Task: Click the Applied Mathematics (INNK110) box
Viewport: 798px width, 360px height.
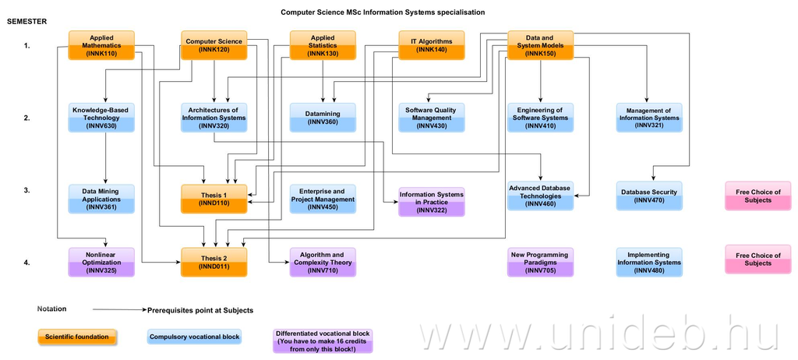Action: (x=101, y=45)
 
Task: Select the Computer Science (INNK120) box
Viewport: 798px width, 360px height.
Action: (x=214, y=45)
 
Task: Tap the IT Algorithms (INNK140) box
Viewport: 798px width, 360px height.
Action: (x=431, y=45)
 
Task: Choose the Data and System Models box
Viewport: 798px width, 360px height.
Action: (x=540, y=45)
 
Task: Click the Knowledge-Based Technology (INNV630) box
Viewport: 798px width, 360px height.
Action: (x=101, y=118)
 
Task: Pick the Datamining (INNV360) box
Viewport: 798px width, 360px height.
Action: (x=323, y=118)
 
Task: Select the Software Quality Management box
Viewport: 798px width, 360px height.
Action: (x=431, y=118)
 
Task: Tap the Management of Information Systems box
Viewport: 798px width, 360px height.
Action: (x=649, y=118)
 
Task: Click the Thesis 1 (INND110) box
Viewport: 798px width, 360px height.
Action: (x=214, y=199)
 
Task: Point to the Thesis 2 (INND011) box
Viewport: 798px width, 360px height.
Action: (x=214, y=263)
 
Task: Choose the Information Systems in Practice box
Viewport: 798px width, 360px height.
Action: (x=431, y=202)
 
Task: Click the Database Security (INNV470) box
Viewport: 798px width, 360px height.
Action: (x=649, y=196)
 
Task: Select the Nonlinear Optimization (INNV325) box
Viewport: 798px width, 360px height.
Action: (x=101, y=263)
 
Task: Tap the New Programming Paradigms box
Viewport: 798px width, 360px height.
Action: (x=540, y=263)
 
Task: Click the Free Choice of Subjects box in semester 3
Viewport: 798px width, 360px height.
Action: (x=757, y=196)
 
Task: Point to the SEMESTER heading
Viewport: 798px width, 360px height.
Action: (x=27, y=21)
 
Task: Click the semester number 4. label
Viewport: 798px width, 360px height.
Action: (x=26, y=263)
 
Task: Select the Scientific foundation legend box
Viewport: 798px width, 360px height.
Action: (x=78, y=337)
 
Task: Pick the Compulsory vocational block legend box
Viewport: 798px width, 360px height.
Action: (x=193, y=337)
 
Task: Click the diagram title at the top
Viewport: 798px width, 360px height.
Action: (x=382, y=12)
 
